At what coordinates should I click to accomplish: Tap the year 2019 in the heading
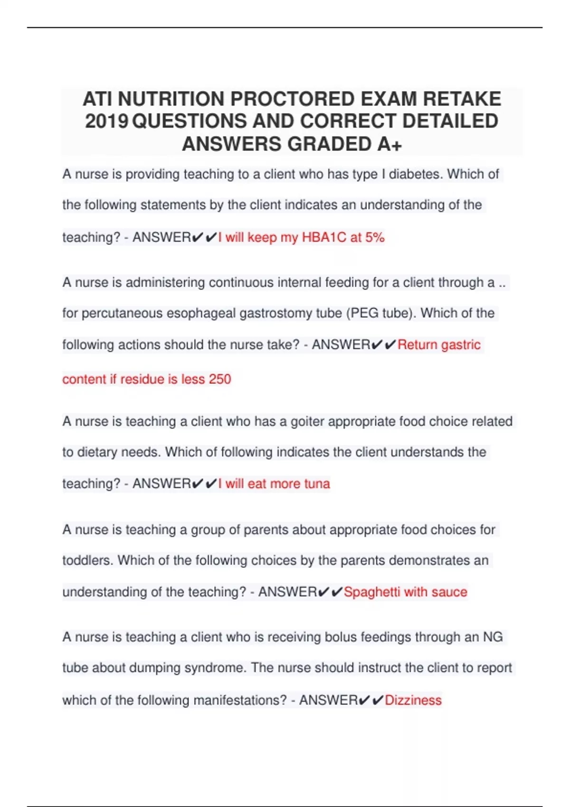pos(106,122)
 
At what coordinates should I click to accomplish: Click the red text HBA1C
pos(324,237)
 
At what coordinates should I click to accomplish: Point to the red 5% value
pos(375,237)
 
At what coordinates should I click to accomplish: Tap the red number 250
pos(219,379)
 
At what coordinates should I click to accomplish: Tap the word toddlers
pos(88,561)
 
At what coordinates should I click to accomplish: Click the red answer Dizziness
pos(413,700)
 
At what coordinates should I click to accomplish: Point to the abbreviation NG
pos(493,637)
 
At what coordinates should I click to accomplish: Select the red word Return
pos(417,345)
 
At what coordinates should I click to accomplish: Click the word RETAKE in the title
pos(462,99)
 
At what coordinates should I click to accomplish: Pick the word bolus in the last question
pos(341,637)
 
